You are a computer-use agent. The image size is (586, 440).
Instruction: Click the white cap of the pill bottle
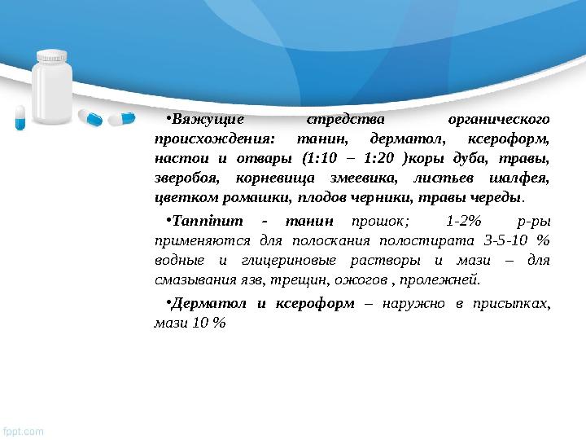point(53,58)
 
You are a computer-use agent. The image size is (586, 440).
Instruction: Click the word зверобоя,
point(181,177)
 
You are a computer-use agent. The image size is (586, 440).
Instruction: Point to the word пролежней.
point(447,280)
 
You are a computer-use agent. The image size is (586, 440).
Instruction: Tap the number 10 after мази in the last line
point(197,323)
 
